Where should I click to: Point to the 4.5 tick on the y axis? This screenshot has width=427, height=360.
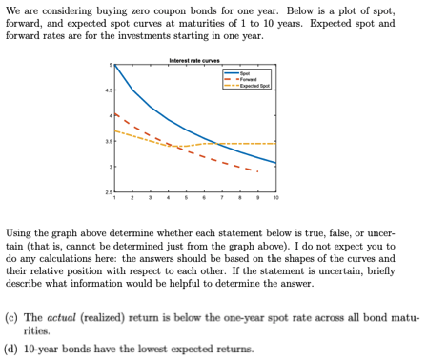[x=109, y=91]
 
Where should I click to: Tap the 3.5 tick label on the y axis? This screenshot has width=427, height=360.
[x=109, y=141]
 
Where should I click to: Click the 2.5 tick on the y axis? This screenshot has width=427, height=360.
[x=109, y=192]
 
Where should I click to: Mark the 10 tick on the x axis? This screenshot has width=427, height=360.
[x=275, y=199]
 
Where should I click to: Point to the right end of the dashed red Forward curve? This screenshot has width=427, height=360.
[x=257, y=171]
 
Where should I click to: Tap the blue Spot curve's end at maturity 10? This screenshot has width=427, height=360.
[x=275, y=164]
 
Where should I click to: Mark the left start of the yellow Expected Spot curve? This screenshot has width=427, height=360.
[x=115, y=130]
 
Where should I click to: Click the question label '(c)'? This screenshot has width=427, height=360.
[x=12, y=315]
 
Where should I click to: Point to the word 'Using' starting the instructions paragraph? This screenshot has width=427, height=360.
[x=19, y=233]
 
